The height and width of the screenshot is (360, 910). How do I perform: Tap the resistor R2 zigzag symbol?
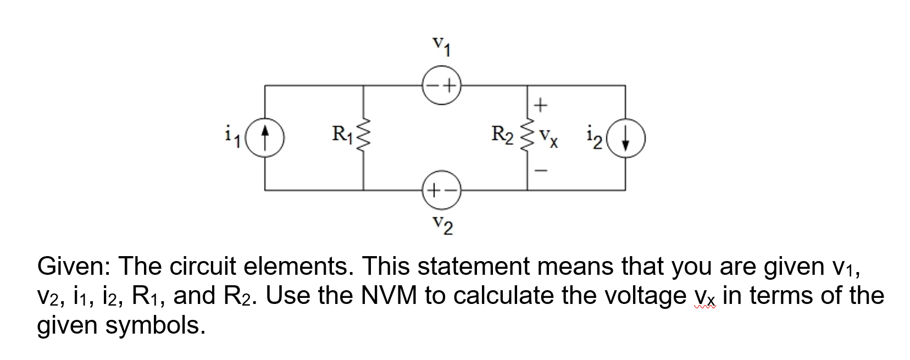(x=527, y=137)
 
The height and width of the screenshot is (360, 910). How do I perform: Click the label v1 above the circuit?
(x=441, y=46)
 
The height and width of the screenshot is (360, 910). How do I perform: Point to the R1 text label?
(x=343, y=134)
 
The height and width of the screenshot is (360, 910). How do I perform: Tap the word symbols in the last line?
(x=156, y=325)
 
